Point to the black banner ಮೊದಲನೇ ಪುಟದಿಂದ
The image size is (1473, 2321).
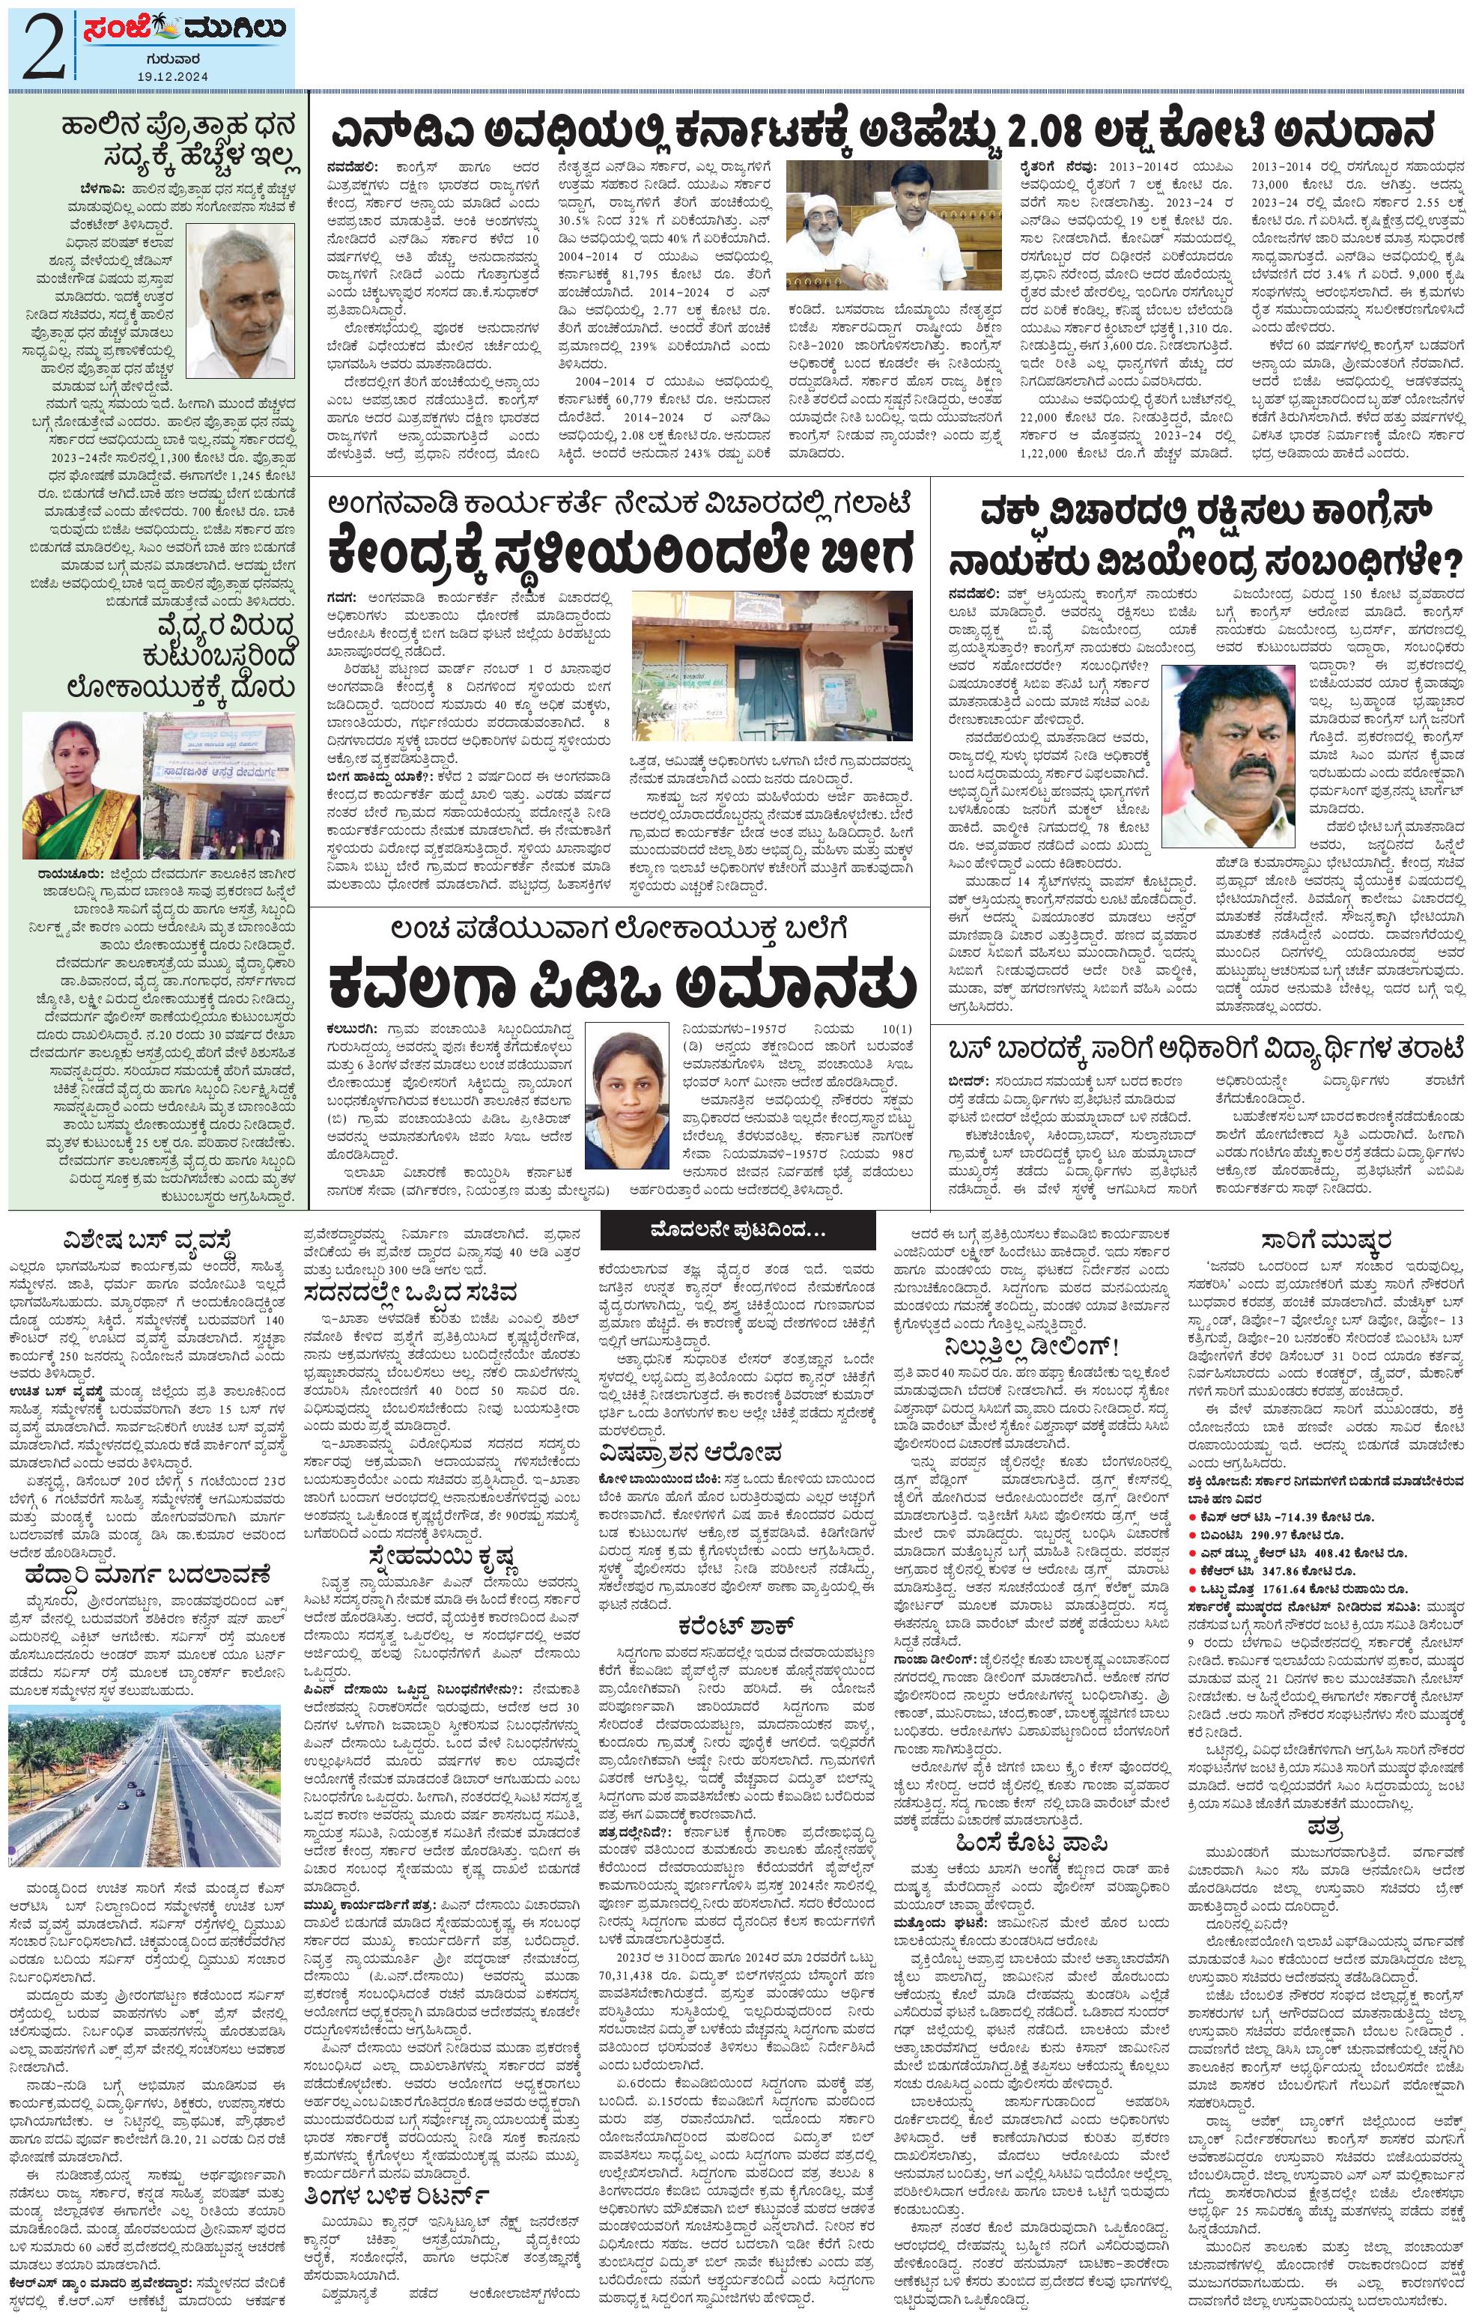[x=738, y=1231]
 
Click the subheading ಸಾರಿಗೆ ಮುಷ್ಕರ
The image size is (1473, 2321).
[x=1330, y=1238]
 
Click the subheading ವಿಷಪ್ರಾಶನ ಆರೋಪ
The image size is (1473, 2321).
[x=688, y=1452]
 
